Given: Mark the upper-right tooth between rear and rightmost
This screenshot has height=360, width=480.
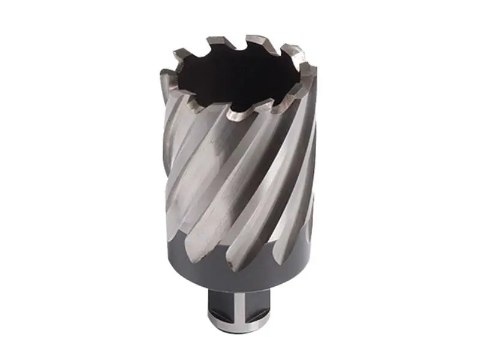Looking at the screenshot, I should point(292,50).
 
